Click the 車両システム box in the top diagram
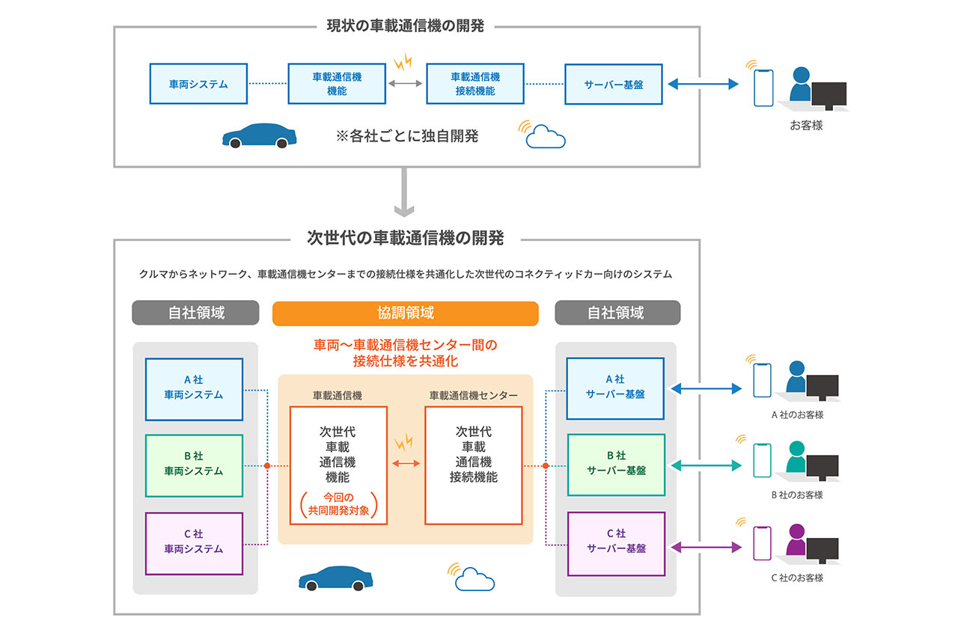click(x=198, y=84)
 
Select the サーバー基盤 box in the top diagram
click(x=614, y=84)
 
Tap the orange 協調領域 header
click(x=405, y=314)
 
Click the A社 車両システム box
click(x=194, y=389)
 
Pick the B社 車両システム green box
click(x=194, y=465)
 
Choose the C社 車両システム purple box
click(x=194, y=543)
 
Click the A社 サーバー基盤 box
click(x=615, y=388)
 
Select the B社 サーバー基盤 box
click(x=615, y=465)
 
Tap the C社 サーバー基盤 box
click(x=615, y=543)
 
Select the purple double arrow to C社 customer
click(x=706, y=548)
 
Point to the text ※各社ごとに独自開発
click(x=407, y=136)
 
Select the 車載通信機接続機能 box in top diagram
click(x=475, y=84)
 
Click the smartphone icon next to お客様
click(x=763, y=88)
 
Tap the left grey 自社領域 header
click(x=195, y=313)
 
